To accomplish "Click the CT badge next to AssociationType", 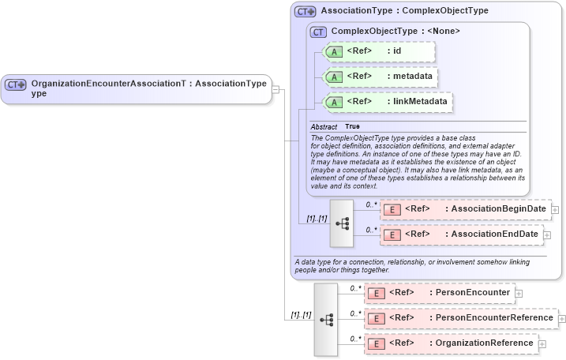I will pyautogui.click(x=305, y=12).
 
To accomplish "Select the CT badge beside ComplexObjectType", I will pyautogui.click(x=318, y=32).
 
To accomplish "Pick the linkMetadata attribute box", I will pyautogui.click(x=384, y=102).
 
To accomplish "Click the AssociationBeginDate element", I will pyautogui.click(x=466, y=209).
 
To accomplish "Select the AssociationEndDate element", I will pyautogui.click(x=462, y=234).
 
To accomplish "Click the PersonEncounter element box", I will pyautogui.click(x=439, y=293).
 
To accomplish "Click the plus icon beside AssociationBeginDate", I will pyautogui.click(x=555, y=210).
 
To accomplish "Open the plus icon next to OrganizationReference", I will pyautogui.click(x=542, y=344).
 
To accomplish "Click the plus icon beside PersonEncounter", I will pyautogui.click(x=519, y=294).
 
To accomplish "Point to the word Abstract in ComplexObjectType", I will pyautogui.click(x=324, y=126).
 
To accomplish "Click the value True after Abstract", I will pyautogui.click(x=352, y=126).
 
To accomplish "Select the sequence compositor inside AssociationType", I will pyautogui.click(x=342, y=223).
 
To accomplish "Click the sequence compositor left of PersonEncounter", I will pyautogui.click(x=326, y=319).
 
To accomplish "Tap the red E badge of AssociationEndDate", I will pyautogui.click(x=392, y=234).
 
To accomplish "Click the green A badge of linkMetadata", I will pyautogui.click(x=335, y=102).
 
